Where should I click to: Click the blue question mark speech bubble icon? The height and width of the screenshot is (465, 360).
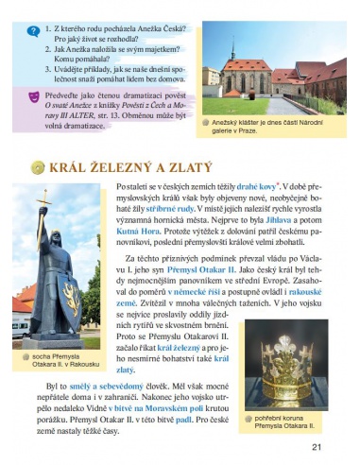(x=33, y=30)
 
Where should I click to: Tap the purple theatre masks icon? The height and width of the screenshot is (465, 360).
(x=33, y=96)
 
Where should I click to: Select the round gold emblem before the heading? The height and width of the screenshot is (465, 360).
(x=37, y=167)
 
